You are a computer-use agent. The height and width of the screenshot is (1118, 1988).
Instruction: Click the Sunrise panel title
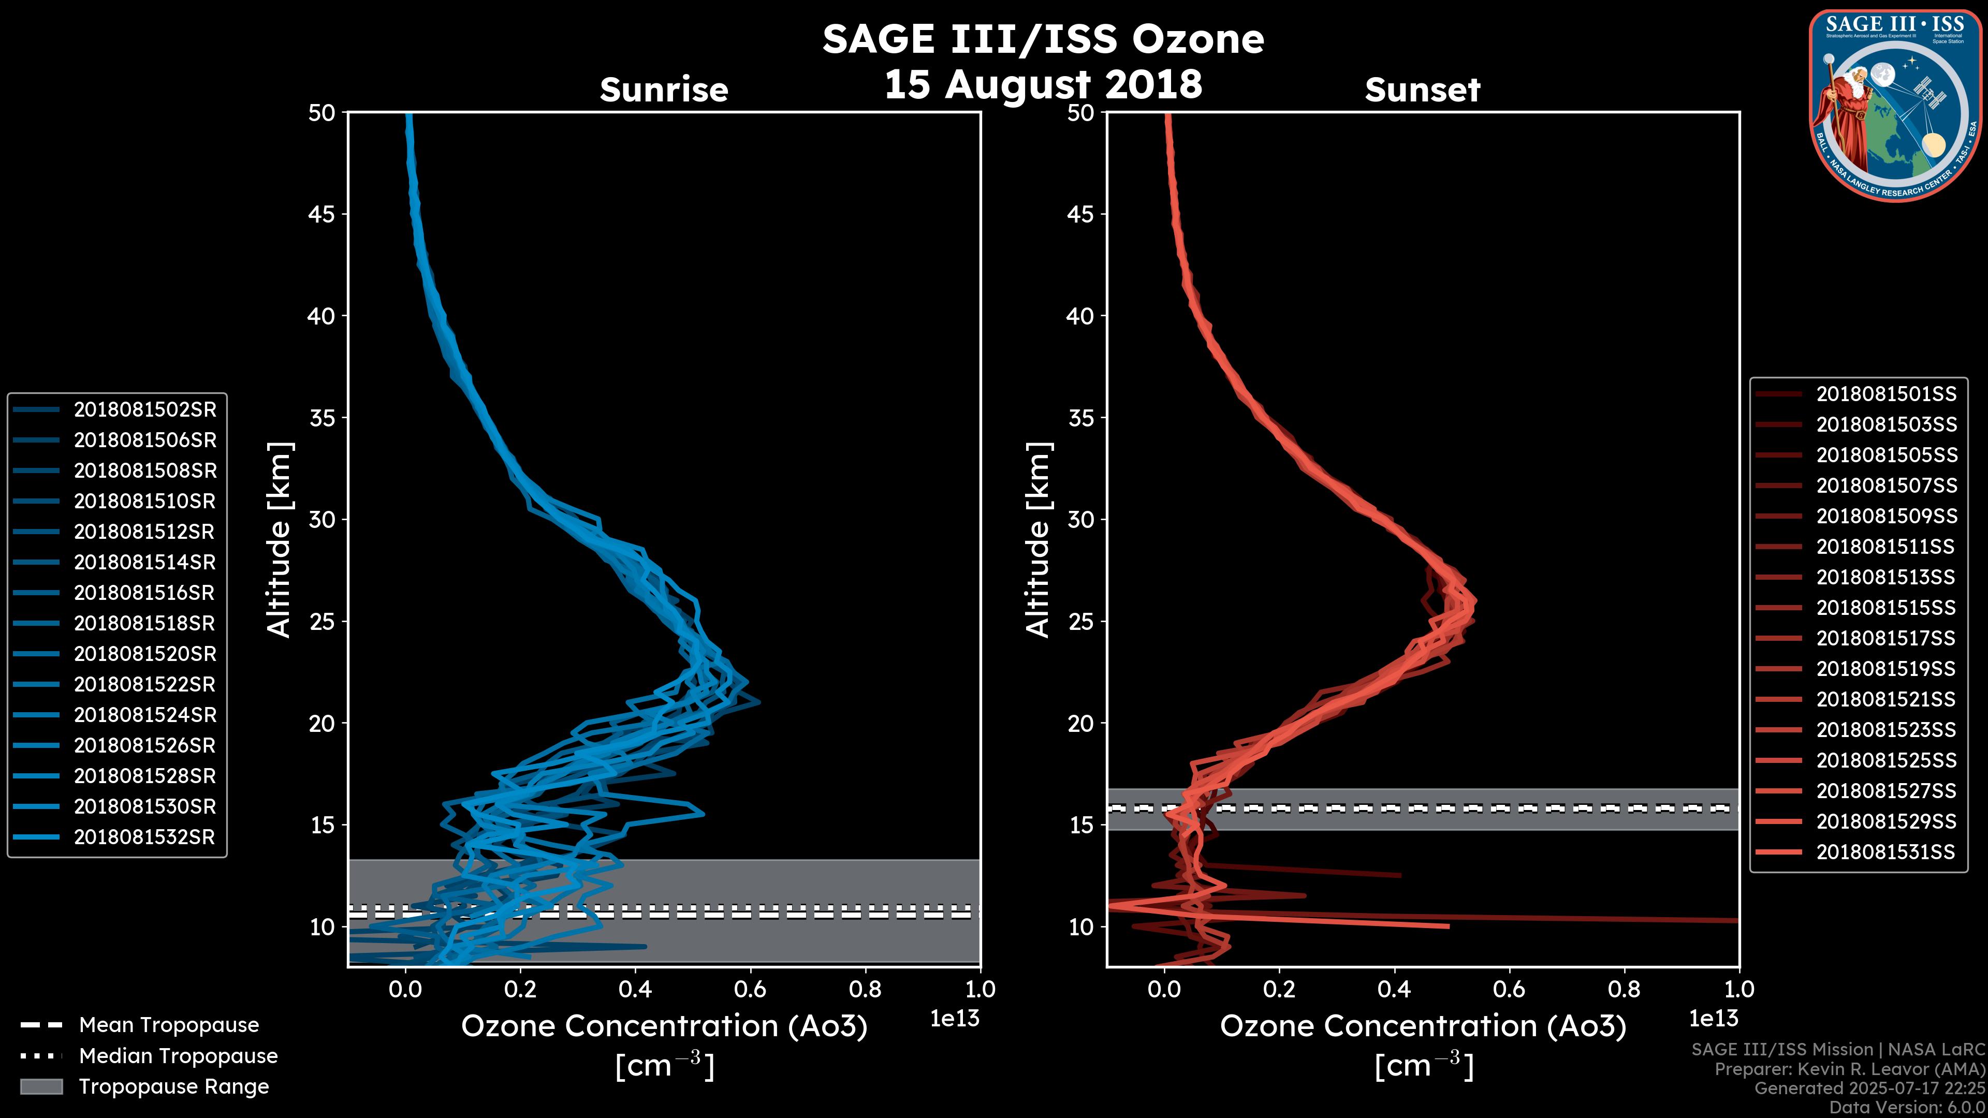pos(664,90)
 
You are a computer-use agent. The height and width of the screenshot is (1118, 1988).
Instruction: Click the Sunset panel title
pos(1422,90)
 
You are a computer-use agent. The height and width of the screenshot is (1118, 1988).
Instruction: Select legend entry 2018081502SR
pos(145,410)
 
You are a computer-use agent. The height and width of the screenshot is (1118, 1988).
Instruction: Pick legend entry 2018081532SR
pos(144,837)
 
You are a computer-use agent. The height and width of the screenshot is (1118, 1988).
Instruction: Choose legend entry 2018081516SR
pos(144,593)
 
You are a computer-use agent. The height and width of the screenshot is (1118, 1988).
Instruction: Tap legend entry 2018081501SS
pos(1886,394)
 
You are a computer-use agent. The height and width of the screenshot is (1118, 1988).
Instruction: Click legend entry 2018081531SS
pos(1885,852)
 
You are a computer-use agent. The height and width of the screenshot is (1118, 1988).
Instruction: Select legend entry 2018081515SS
pos(1886,608)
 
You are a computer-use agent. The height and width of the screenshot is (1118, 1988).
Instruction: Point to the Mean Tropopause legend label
pos(169,1025)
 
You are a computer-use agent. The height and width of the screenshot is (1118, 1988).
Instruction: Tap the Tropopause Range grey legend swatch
pos(41,1086)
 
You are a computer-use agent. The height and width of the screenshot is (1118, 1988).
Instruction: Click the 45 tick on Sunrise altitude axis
pos(322,214)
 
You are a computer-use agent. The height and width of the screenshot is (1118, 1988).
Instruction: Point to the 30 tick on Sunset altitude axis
pos(1081,519)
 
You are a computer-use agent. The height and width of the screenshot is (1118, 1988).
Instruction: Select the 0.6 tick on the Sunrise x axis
pos(749,989)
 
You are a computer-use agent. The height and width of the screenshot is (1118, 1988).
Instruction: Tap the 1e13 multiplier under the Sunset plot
pos(1713,1019)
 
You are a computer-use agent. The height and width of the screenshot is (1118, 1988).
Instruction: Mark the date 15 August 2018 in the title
pos(1043,83)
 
